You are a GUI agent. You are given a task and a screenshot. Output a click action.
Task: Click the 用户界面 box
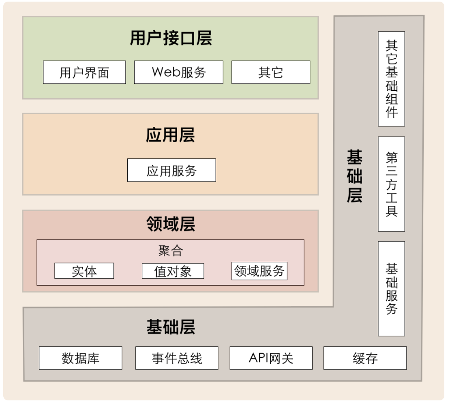tap(84, 72)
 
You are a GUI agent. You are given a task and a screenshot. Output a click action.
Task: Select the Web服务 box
tap(178, 72)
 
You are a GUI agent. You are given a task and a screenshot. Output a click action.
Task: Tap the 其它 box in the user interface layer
tap(271, 72)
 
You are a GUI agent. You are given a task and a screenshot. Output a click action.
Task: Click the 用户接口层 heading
tap(171, 38)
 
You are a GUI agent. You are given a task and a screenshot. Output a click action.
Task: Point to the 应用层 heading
tap(170, 135)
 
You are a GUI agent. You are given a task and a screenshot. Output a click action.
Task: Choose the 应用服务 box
tap(171, 170)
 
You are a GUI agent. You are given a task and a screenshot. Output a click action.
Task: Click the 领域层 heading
tap(171, 224)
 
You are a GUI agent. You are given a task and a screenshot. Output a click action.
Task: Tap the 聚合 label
tap(170, 250)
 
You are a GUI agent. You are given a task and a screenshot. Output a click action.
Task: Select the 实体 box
tap(84, 271)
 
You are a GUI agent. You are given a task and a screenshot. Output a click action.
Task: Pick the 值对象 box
tap(173, 271)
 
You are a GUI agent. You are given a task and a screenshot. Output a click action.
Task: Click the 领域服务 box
tap(259, 271)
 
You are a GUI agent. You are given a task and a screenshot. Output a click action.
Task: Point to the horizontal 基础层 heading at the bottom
tap(171, 327)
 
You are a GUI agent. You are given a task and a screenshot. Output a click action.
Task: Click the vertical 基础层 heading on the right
tap(355, 176)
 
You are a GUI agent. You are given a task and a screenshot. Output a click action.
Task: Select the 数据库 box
tap(80, 358)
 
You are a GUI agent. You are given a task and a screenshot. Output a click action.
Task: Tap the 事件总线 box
tap(177, 358)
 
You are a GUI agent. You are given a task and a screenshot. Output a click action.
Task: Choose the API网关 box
tap(271, 358)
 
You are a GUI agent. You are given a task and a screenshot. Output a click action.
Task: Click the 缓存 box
tap(365, 358)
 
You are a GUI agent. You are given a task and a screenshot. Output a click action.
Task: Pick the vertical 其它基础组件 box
tap(392, 79)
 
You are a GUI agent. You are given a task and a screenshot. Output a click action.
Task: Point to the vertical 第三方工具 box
tap(392, 184)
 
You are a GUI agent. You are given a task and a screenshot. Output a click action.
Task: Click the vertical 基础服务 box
tap(392, 289)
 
